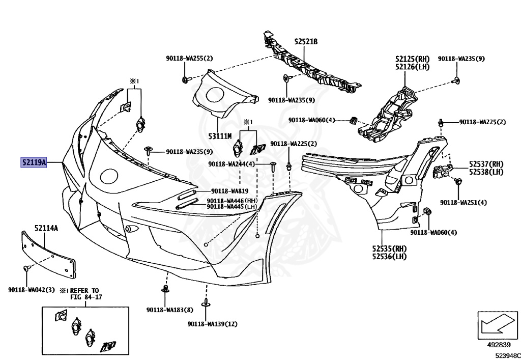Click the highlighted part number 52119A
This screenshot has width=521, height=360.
click(x=34, y=163)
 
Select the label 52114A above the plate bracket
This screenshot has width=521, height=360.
click(x=46, y=229)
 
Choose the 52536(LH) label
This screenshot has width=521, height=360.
click(x=389, y=256)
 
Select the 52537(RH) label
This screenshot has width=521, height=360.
click(x=486, y=164)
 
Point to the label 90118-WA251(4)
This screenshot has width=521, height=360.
click(x=464, y=202)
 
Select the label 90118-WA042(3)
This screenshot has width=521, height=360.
click(x=31, y=290)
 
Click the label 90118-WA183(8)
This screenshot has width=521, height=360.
click(x=169, y=310)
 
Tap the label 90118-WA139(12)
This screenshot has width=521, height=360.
click(x=212, y=324)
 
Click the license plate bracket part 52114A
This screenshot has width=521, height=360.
click(x=48, y=252)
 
